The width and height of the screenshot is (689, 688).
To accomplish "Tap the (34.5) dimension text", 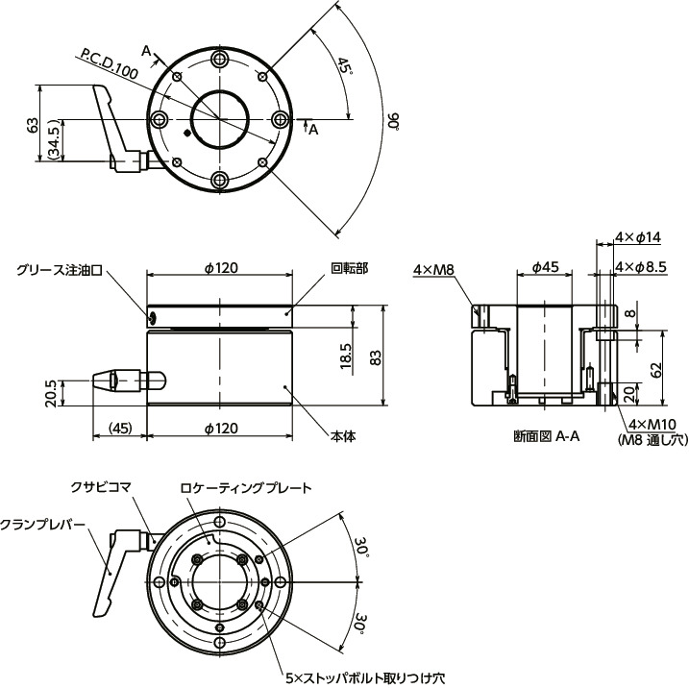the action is pos(54,139).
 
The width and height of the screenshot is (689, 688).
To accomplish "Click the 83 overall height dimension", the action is pos(376,357).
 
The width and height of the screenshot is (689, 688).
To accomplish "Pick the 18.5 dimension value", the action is pos(347,356).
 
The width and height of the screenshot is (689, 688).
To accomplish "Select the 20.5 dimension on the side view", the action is pos(51,394).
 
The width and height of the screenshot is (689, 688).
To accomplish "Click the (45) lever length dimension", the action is pos(120,428).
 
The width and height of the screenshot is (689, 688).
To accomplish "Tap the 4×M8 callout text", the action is pos(433,270).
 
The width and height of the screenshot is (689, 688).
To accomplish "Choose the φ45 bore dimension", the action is pos(545,267).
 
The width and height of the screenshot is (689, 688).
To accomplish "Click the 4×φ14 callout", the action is pos(637,237).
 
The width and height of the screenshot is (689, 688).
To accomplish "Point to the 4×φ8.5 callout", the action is pos(641,267).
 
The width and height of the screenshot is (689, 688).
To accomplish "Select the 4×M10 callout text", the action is pos(652,425).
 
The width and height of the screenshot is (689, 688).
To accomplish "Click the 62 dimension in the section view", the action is pos(656,371).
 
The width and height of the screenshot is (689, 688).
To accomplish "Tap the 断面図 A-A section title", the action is pos(547,436).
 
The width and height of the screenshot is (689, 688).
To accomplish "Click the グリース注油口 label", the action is pos(60,270).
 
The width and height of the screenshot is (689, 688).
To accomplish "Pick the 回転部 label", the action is pos(349,268).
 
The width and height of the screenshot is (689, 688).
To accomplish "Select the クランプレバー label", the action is pos(42,525).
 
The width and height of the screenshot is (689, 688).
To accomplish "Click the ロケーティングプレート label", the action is pos(246,488).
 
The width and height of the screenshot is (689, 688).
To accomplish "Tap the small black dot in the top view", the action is pos(187,133).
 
